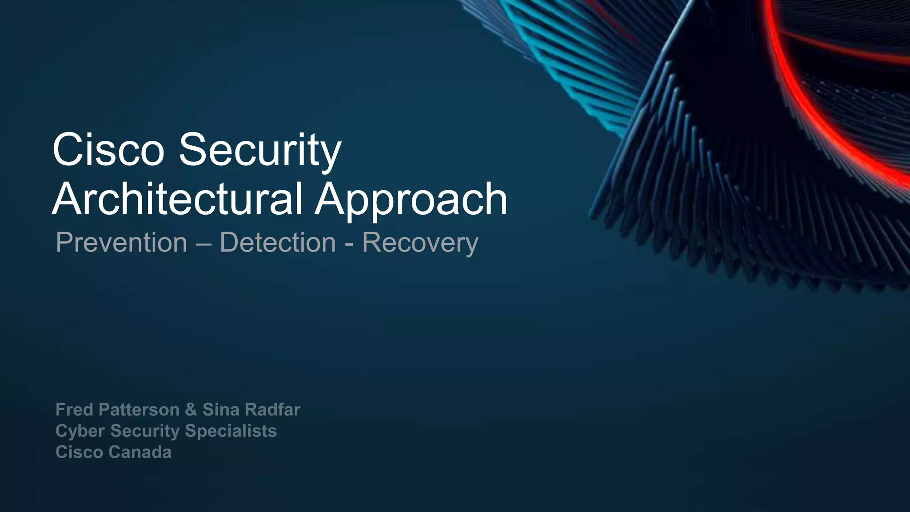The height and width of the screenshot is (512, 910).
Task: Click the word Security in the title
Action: point(260,150)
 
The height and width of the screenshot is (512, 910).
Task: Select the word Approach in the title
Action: point(411,200)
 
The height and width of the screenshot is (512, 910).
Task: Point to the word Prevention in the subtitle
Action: point(121,243)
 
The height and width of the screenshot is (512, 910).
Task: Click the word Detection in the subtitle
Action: point(278,243)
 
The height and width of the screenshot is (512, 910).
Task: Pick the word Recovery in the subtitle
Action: point(420,244)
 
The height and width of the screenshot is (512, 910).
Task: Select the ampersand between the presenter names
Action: point(191,409)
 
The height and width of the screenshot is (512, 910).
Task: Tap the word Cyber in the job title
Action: point(80,431)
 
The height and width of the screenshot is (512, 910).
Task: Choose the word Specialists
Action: point(231,431)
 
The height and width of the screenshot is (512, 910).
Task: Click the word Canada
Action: point(140,452)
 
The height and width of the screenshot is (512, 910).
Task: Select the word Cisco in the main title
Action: point(108,150)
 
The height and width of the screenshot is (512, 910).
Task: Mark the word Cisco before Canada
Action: point(79,452)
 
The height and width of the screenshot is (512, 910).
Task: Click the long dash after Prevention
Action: point(204,243)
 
